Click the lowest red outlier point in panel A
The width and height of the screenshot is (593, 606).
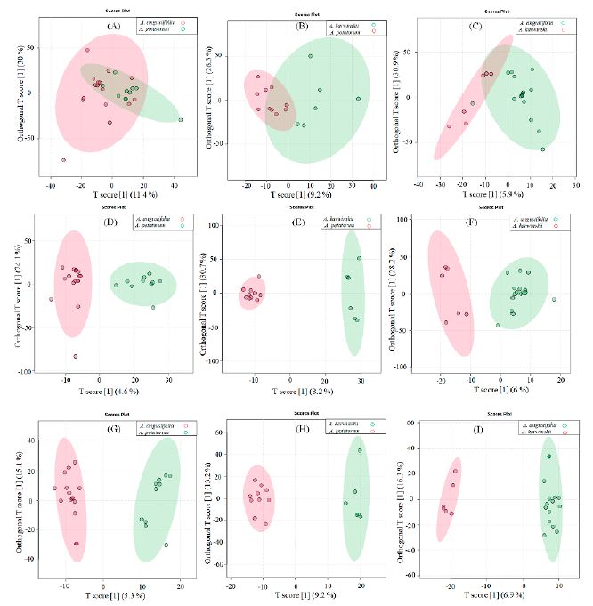63,160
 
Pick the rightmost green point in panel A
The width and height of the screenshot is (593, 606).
180,119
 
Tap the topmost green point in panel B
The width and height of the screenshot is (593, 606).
311,56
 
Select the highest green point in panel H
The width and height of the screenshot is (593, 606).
361,450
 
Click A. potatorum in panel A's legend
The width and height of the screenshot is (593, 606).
150,33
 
